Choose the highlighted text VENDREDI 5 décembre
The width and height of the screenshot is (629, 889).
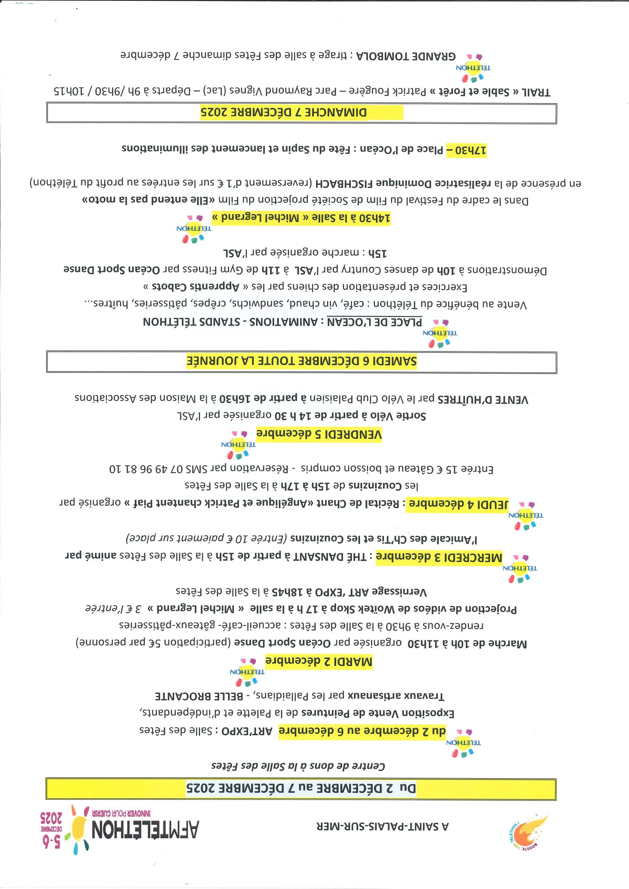click(319, 434)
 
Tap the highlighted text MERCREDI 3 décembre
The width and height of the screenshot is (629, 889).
click(439, 558)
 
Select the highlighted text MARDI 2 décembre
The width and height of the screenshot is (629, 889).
click(319, 662)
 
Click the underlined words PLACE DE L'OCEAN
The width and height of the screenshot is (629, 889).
click(374, 322)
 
